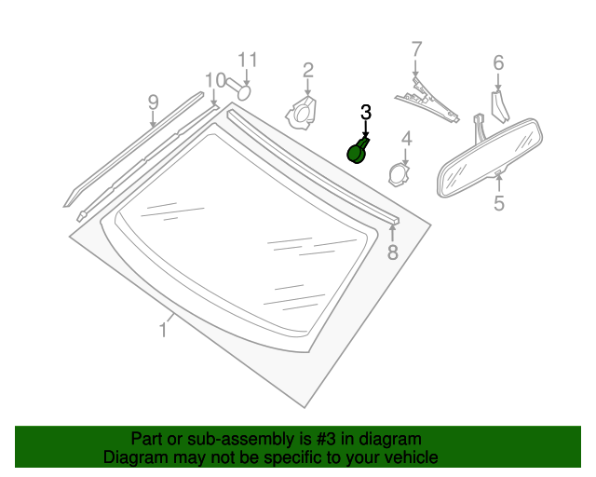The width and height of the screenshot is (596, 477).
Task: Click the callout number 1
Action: click(164, 328)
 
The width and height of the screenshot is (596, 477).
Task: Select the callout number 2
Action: click(307, 69)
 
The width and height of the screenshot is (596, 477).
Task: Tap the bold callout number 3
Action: click(366, 112)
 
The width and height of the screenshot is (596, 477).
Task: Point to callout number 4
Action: click(406, 140)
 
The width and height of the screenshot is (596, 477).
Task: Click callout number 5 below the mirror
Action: click(499, 202)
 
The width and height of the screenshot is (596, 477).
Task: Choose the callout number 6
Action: click(498, 62)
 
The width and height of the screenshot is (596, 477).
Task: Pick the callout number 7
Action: click(416, 48)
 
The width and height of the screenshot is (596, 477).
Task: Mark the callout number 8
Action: click(392, 252)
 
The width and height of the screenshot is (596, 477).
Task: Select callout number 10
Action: click(215, 79)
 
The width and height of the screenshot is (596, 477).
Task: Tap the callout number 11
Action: click(246, 60)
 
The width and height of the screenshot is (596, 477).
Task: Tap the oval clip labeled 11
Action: click(242, 91)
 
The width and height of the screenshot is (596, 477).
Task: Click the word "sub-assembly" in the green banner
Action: click(209, 439)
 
